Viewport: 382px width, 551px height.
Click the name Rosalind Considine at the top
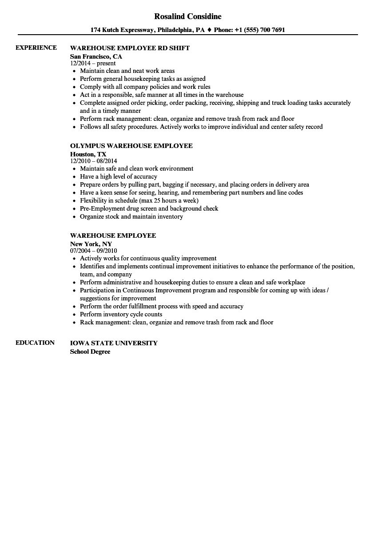187,16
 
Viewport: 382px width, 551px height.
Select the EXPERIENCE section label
36,48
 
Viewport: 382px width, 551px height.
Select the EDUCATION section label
35,343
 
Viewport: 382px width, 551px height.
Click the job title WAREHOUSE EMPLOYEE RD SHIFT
130,48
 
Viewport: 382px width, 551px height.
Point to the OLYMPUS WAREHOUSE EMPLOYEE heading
131,146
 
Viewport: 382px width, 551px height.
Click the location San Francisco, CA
96,56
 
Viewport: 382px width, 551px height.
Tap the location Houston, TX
88,154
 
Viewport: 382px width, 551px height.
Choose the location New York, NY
91,244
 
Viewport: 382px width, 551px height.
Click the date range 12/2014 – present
93,63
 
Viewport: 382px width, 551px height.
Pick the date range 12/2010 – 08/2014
93,161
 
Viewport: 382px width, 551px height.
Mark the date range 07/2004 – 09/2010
93,251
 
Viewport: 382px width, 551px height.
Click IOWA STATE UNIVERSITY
114,343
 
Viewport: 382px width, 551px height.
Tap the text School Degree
90,351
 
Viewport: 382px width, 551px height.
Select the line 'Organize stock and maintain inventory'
131,216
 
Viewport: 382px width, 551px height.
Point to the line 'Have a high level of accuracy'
118,176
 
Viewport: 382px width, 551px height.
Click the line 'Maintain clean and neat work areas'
127,71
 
